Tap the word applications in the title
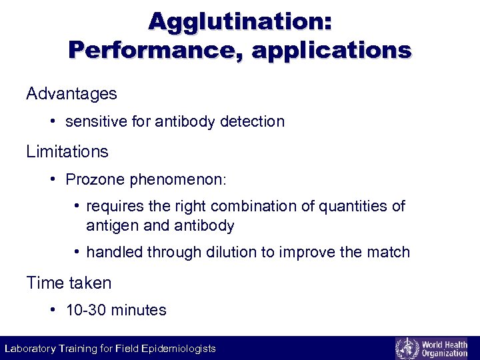[331, 51]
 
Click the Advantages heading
[71, 94]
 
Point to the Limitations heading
[67, 151]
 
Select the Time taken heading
[69, 283]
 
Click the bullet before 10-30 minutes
[53, 310]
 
